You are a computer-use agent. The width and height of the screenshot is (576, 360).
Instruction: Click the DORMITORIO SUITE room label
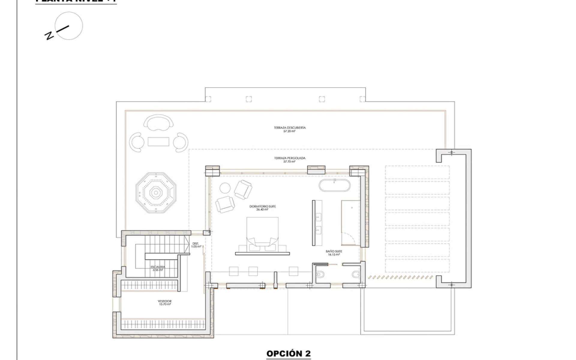click(x=262, y=207)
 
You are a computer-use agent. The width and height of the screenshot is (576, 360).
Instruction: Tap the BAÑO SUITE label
click(x=334, y=251)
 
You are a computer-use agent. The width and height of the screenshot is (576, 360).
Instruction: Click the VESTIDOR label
click(x=165, y=301)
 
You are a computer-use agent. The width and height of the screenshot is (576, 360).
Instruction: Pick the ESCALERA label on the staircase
click(x=158, y=267)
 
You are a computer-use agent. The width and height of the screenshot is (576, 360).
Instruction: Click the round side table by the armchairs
click(x=225, y=188)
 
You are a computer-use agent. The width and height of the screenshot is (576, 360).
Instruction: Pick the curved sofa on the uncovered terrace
click(x=159, y=123)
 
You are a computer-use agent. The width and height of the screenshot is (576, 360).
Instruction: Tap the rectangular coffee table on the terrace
click(x=159, y=141)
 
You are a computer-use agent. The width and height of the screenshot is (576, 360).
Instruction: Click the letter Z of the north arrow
click(x=49, y=36)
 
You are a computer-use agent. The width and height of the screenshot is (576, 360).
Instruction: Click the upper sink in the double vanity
click(x=318, y=217)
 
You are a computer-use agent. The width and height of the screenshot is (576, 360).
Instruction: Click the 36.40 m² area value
click(x=262, y=210)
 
